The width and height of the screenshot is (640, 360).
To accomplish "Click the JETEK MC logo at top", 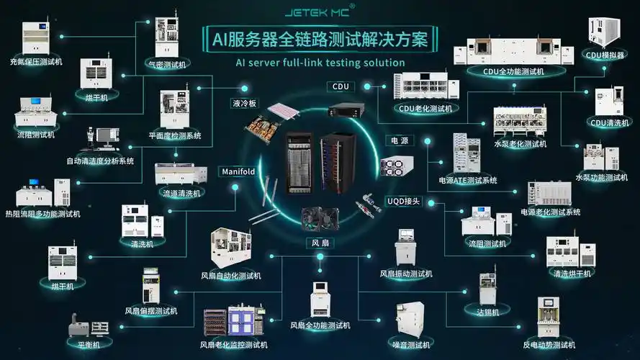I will [x=320, y=12].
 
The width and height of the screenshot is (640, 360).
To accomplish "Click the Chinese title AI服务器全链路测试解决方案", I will [x=320, y=39].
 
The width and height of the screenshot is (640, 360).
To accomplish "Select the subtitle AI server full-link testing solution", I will [x=320, y=63].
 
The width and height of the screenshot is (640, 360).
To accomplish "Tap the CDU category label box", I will [x=341, y=86].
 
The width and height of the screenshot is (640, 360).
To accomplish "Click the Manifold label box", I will [x=238, y=171].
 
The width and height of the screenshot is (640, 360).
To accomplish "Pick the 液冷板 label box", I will [x=244, y=103].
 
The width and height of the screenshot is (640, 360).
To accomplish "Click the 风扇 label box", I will [x=320, y=242].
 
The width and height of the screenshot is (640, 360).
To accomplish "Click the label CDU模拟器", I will [x=605, y=55].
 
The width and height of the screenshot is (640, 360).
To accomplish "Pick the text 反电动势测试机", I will [x=549, y=345].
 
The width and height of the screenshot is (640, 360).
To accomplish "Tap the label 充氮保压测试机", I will [x=36, y=62].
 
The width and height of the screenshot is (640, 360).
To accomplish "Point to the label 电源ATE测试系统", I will [x=467, y=180].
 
